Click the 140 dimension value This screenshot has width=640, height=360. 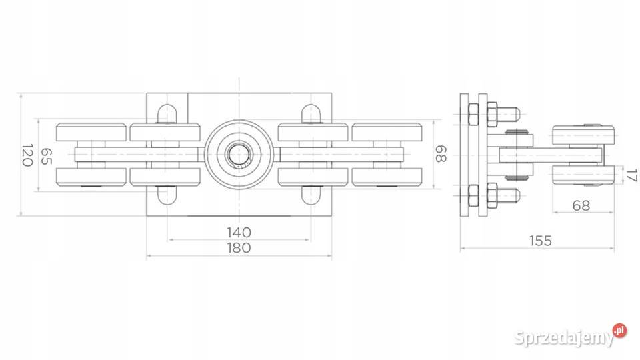[x=239, y=232]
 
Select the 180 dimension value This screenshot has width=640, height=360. [x=239, y=247]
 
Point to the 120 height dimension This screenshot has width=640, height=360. [x=27, y=155]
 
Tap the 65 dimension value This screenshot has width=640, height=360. [x=46, y=156]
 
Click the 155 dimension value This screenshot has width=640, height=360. [x=541, y=241]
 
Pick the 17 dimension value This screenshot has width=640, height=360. [x=631, y=175]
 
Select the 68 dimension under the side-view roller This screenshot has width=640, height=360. [x=581, y=205]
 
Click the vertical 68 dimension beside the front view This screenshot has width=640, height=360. [x=441, y=154]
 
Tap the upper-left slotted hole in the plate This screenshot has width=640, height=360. [x=167, y=114]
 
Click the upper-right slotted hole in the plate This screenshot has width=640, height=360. [x=311, y=114]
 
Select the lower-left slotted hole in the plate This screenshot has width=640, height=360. [x=167, y=195]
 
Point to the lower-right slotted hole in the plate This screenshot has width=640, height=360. [x=311, y=195]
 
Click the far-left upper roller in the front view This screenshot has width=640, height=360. [x=91, y=132]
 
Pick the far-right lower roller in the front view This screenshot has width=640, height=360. [x=387, y=177]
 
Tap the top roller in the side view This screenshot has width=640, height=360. [x=583, y=135]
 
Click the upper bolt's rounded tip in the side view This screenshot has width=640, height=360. [x=515, y=114]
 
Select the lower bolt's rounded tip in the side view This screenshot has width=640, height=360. [x=515, y=195]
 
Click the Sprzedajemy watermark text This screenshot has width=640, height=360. [x=564, y=338]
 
